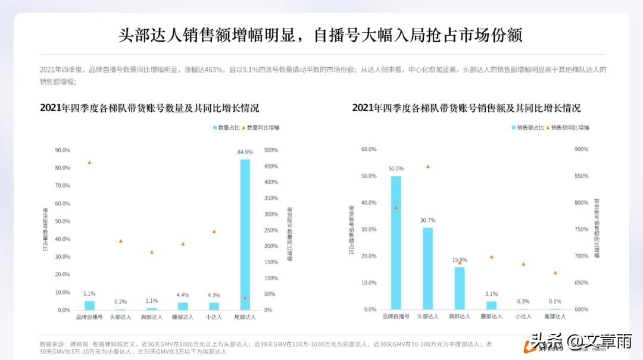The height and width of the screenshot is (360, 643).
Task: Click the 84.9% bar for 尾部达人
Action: point(245,234)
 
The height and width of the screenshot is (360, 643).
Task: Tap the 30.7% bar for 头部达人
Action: point(427,268)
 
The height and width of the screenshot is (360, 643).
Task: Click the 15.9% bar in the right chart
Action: point(460,288)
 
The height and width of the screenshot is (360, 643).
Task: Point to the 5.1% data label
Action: point(89,293)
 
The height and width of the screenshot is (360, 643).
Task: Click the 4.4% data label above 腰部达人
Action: point(183,295)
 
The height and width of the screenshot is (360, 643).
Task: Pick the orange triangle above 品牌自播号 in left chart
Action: point(89,162)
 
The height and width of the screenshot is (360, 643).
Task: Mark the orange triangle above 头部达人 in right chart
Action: point(427,167)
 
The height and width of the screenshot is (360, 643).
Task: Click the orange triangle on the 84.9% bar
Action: point(245,298)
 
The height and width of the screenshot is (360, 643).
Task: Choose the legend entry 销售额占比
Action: point(527,127)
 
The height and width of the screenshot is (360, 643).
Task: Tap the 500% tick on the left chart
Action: point(271,150)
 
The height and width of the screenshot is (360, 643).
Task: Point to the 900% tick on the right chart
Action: point(581,149)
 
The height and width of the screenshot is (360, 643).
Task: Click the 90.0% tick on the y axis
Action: point(63,150)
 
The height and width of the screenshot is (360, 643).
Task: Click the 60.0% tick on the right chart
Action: point(369,149)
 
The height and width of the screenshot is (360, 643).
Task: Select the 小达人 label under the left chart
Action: point(214,317)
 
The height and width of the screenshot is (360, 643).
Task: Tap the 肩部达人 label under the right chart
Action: point(460,317)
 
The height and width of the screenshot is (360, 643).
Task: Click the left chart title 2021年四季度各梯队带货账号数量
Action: point(149,108)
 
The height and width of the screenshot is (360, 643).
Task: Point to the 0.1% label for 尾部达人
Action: point(555,301)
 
